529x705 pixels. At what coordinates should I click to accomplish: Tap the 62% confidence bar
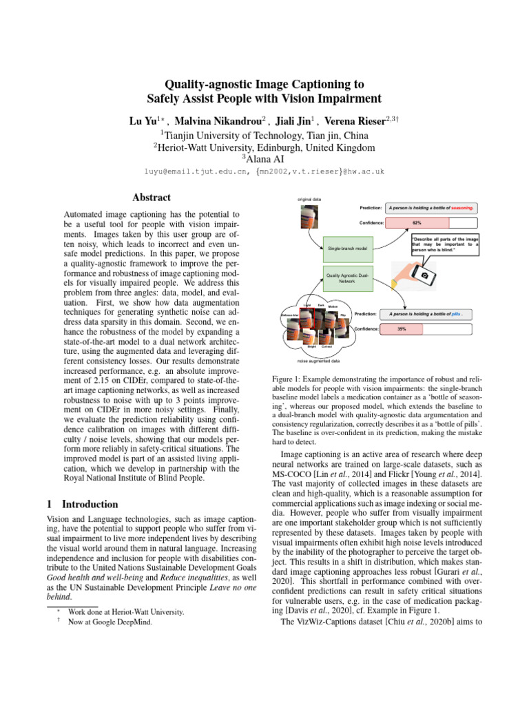pos(417,223)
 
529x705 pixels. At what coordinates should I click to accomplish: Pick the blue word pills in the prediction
pos(456,314)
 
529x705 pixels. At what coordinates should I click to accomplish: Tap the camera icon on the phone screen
pos(425,275)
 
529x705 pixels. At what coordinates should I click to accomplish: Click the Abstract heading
pos(151,197)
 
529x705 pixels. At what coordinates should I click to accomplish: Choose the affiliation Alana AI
pos(264,160)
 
